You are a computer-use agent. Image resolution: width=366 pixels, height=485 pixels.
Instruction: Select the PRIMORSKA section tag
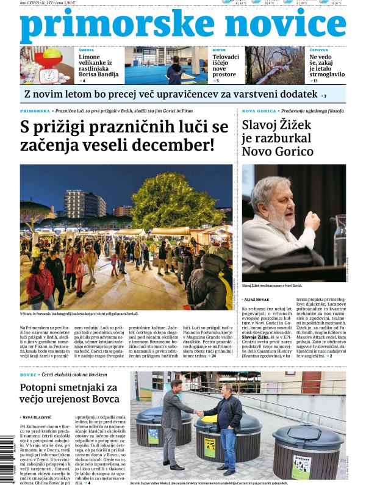(35, 112)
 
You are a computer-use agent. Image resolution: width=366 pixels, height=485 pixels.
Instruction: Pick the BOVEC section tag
(28, 373)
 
